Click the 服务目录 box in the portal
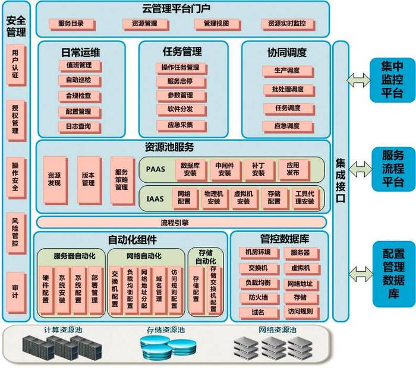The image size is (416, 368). click(x=72, y=24)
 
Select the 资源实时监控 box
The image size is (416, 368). click(x=288, y=24)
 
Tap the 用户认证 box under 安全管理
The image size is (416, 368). click(x=16, y=65)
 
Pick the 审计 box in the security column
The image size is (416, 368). click(x=16, y=293)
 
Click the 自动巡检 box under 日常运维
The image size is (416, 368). click(x=80, y=81)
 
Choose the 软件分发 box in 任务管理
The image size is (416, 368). click(x=181, y=110)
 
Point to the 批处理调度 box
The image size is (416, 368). click(x=289, y=90)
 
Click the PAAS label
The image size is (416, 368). click(x=156, y=169)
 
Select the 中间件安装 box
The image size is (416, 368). click(x=225, y=170)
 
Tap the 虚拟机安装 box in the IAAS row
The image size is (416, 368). click(x=244, y=198)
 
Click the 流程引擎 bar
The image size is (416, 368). click(x=181, y=223)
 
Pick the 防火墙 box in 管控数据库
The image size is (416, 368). click(x=259, y=298)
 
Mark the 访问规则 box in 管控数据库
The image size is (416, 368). click(x=301, y=312)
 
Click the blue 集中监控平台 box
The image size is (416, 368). click(x=392, y=80)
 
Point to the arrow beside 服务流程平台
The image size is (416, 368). click(x=360, y=169)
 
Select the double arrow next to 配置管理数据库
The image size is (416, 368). click(x=361, y=274)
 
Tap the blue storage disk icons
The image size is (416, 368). click(x=168, y=348)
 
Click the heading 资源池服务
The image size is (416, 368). click(x=169, y=147)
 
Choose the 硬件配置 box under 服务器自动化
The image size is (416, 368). click(x=46, y=290)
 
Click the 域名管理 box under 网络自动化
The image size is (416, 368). click(x=159, y=290)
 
